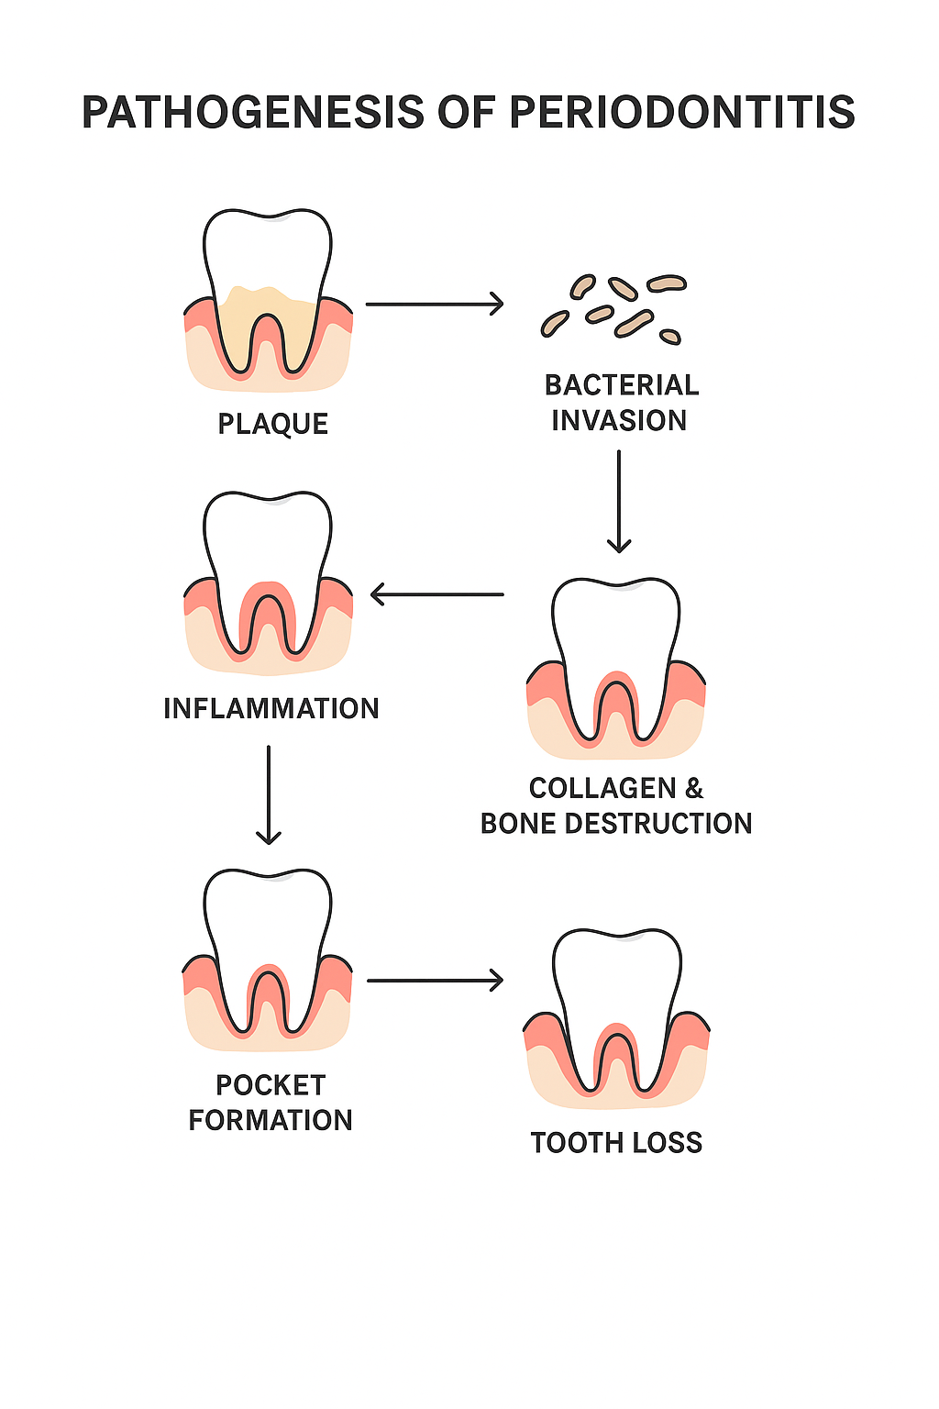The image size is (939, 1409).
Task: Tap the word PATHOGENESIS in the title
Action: pyautogui.click(x=253, y=113)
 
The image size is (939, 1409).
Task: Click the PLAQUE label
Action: pyautogui.click(x=272, y=424)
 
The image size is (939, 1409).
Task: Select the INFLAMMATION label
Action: pyautogui.click(x=271, y=708)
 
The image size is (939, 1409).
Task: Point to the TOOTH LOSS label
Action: pyautogui.click(x=616, y=1143)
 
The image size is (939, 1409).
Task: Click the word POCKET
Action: pyautogui.click(x=271, y=1085)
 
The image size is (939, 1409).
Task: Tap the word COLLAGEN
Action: pyautogui.click(x=602, y=788)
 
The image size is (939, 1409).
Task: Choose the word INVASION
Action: pyautogui.click(x=619, y=420)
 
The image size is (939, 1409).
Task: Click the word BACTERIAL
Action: pyautogui.click(x=622, y=385)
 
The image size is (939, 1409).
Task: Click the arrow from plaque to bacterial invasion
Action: pyautogui.click(x=435, y=304)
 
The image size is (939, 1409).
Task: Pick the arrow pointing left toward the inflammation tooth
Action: pyautogui.click(x=436, y=594)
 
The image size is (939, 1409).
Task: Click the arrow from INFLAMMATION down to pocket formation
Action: pyautogui.click(x=269, y=793)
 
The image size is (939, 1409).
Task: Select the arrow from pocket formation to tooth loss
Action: pyautogui.click(x=435, y=981)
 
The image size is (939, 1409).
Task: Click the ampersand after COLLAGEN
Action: pyautogui.click(x=694, y=788)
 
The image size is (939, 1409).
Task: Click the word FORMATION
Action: pyautogui.click(x=271, y=1120)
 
